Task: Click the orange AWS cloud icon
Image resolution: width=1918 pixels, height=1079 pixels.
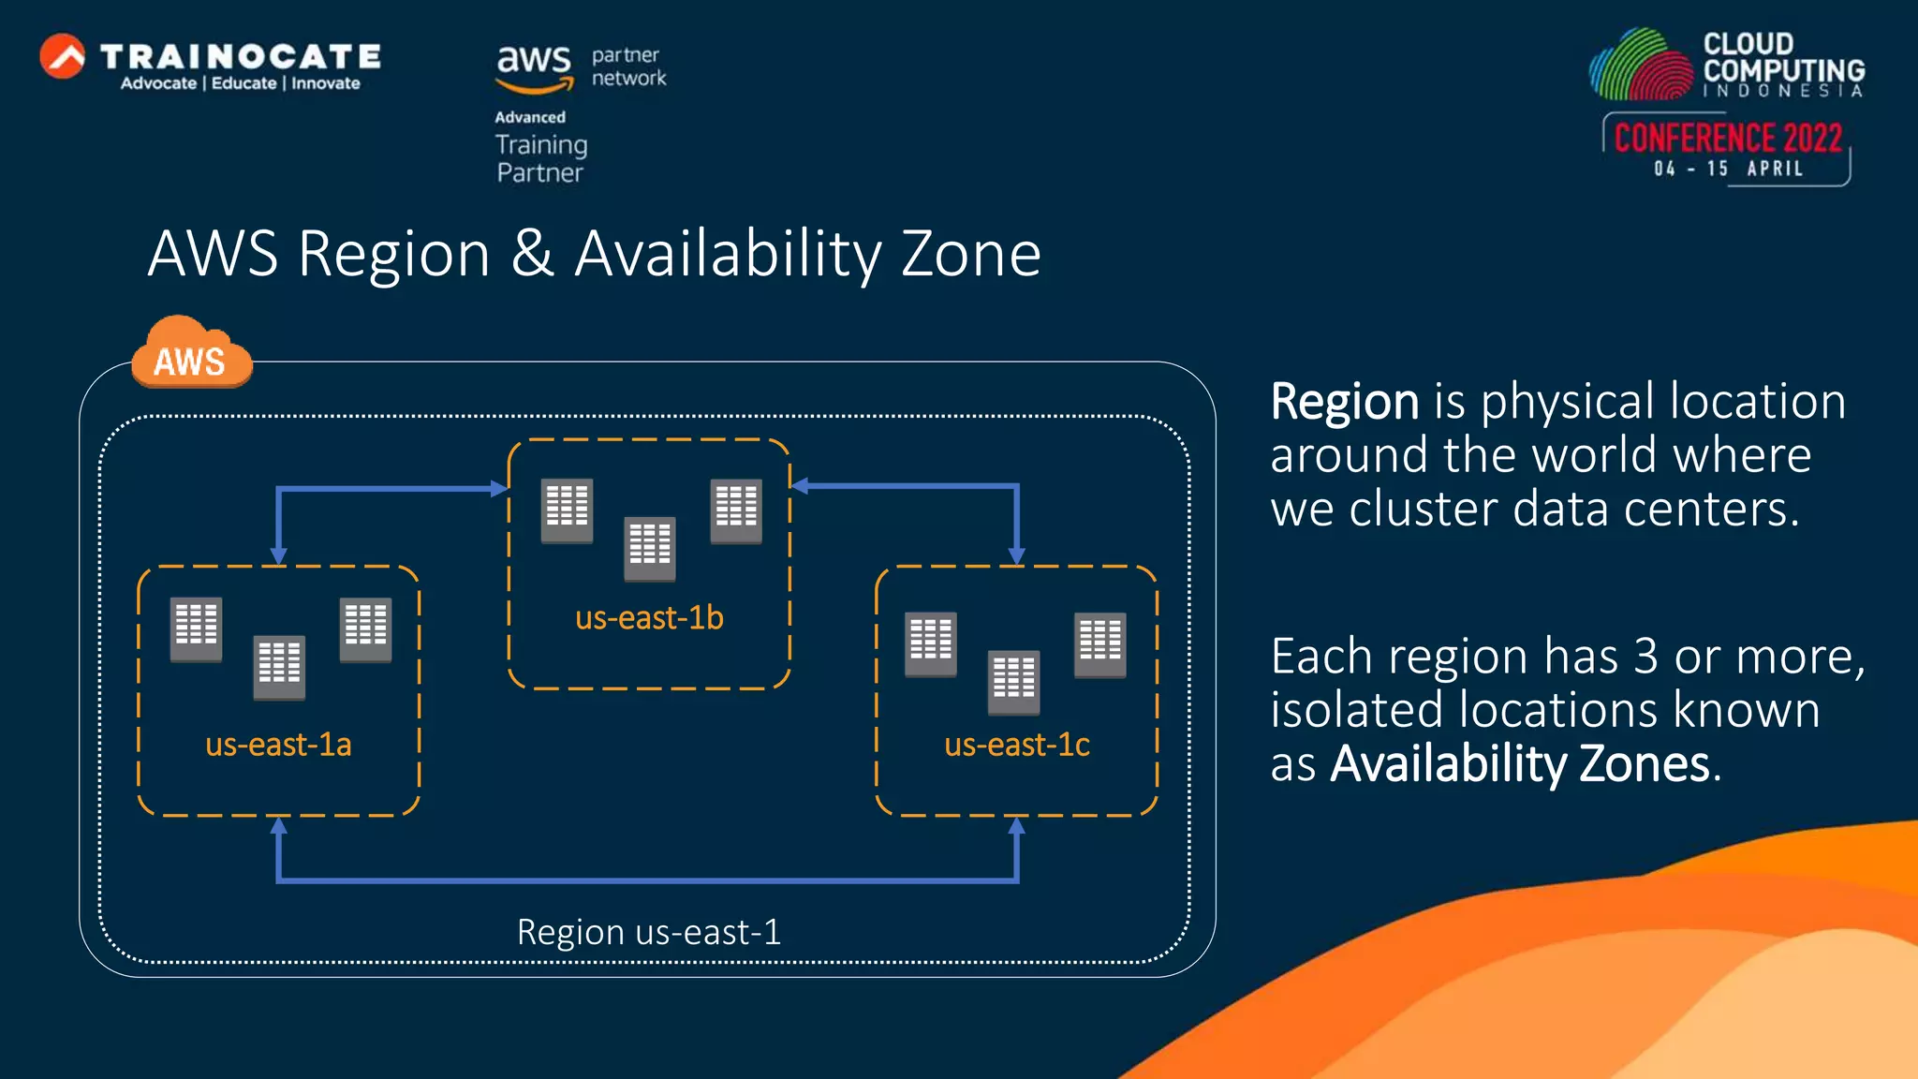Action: point(192,354)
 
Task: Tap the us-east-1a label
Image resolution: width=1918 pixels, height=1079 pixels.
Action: point(278,745)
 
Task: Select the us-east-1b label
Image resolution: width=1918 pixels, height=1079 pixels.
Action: point(649,618)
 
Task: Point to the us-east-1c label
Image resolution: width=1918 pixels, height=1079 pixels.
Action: point(1016,745)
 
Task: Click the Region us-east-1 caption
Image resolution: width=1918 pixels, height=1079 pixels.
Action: point(648,932)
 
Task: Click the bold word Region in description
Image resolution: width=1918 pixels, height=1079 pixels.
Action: point(1344,402)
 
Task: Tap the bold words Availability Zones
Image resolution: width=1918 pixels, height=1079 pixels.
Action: point(1520,763)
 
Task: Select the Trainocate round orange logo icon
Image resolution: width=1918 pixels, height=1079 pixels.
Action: point(63,57)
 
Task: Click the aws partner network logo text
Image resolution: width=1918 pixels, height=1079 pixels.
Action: point(581,68)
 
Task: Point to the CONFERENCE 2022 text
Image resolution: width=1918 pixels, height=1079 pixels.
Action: point(1728,139)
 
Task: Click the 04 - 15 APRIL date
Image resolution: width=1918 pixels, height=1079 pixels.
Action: point(1728,169)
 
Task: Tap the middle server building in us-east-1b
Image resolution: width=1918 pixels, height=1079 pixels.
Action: point(650,548)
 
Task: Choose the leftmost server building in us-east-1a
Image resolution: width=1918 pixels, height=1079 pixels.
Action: point(196,628)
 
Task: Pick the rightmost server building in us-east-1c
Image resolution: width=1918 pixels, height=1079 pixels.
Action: point(1099,644)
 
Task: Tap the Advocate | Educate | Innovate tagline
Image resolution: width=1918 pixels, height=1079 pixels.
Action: point(240,83)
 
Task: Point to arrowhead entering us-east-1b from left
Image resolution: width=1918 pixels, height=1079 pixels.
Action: point(500,488)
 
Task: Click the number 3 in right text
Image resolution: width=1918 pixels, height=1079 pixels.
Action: point(1645,657)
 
